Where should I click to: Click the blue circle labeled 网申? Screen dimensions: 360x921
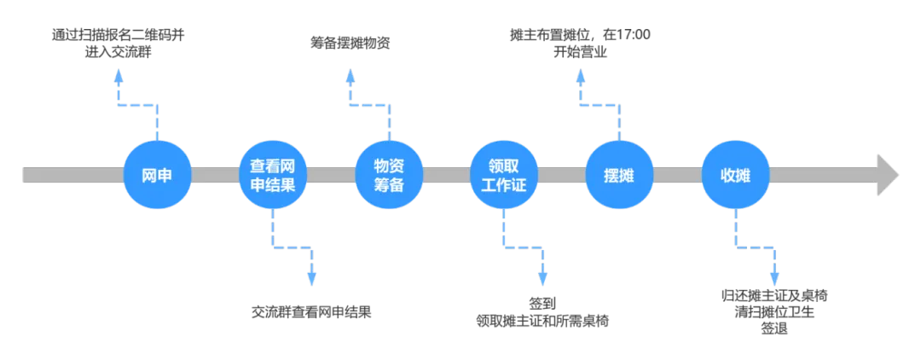point(158,176)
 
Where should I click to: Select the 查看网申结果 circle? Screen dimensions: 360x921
point(273,176)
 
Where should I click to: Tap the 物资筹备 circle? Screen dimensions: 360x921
point(389,176)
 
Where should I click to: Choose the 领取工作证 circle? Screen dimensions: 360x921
point(504,176)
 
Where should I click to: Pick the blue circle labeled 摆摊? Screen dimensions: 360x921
point(620,176)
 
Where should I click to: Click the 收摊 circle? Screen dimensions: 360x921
point(735,176)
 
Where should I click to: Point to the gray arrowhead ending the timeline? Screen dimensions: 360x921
point(887,175)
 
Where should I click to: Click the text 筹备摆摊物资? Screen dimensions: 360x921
point(350,43)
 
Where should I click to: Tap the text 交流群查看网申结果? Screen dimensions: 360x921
point(312,311)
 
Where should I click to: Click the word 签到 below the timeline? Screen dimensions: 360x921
point(542,304)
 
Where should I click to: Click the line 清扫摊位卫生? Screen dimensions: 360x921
point(773,312)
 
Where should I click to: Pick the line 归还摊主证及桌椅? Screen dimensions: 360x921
point(773,296)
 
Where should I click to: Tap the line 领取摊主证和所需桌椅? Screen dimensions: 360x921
point(542,321)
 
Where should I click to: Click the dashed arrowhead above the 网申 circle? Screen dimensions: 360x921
point(119,75)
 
